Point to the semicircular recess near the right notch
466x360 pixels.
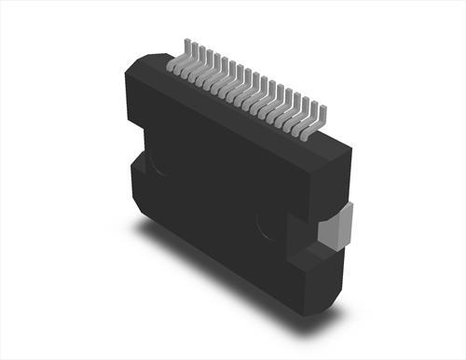click(270, 224)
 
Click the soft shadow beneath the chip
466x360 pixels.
click(233, 280)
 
